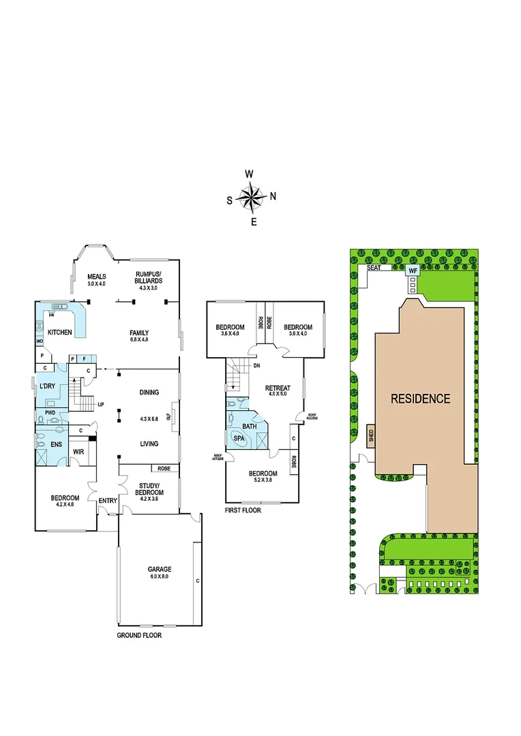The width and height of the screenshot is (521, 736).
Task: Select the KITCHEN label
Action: (60, 332)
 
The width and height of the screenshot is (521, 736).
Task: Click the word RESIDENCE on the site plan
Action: (420, 399)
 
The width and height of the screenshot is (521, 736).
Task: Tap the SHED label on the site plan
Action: (371, 434)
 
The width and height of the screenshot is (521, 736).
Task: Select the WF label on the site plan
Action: (412, 271)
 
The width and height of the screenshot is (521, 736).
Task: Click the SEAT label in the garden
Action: (373, 268)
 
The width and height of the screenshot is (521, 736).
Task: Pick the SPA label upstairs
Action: (239, 439)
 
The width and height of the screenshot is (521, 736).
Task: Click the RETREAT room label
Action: (278, 388)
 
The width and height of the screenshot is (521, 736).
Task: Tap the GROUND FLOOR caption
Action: (140, 634)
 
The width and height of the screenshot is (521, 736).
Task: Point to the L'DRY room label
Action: (47, 386)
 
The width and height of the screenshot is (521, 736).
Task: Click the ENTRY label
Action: (108, 502)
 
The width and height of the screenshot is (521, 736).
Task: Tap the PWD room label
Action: (50, 413)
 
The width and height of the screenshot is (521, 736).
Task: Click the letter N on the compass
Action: (273, 196)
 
